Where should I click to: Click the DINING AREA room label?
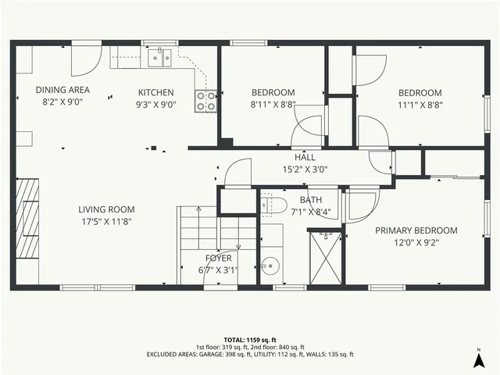pyautogui.click(x=62, y=89)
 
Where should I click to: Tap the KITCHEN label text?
pyautogui.click(x=156, y=92)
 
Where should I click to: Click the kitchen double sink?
pyautogui.click(x=163, y=55)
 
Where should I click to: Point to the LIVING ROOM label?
pyautogui.click(x=106, y=209)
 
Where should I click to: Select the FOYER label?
pyautogui.click(x=219, y=258)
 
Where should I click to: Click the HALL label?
pyautogui.click(x=305, y=156)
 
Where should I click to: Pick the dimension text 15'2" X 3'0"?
pyautogui.click(x=305, y=168)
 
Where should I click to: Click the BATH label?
pyautogui.click(x=299, y=200)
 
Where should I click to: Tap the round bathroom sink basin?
pyautogui.click(x=270, y=265)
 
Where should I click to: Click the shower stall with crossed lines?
pyautogui.click(x=325, y=258)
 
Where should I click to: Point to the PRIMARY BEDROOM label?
pyautogui.click(x=416, y=230)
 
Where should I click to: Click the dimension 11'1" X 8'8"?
pyautogui.click(x=420, y=103)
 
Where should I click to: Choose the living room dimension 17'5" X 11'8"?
pyautogui.click(x=106, y=221)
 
